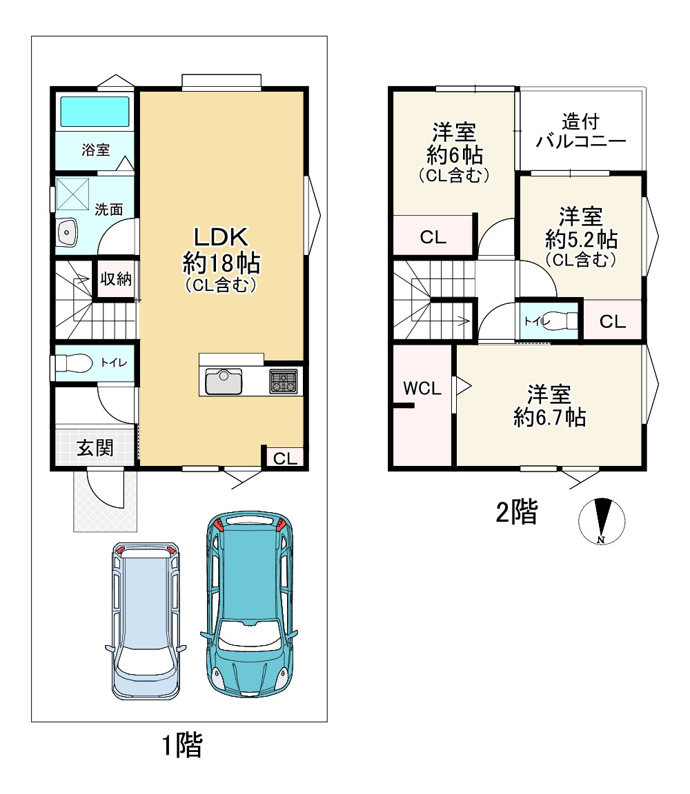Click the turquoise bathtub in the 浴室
coord(95,112)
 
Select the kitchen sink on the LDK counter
coord(224,382)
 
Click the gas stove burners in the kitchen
coord(284,381)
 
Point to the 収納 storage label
coord(116,278)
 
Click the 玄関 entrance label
coord(95,447)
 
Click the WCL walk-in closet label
coord(422,389)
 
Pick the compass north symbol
coord(602,521)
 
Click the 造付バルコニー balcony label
coord(581,131)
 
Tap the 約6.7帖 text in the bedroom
coord(549,418)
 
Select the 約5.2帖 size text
coord(581,238)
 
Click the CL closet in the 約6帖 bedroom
coord(433,236)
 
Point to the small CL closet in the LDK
coord(286,458)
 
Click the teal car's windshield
coord(249,636)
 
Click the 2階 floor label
coord(516,511)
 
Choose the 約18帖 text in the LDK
coord(221,263)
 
